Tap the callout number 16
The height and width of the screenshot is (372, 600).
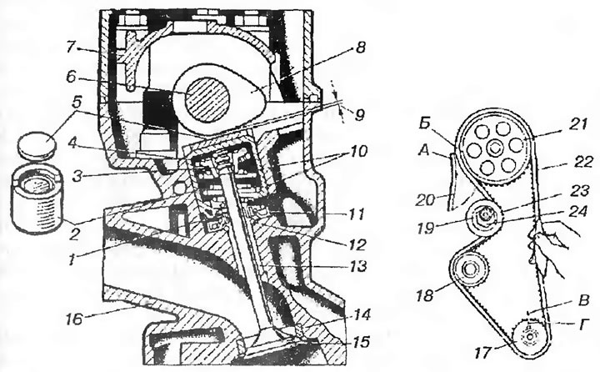pyautogui.click(x=75, y=318)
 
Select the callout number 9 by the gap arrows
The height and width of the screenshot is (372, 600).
pyautogui.click(x=358, y=115)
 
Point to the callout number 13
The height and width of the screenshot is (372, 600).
pyautogui.click(x=357, y=265)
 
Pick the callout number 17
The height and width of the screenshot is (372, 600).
pyautogui.click(x=482, y=352)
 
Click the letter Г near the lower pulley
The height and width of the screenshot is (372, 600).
pyautogui.click(x=582, y=325)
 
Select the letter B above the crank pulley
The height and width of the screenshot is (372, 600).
pyautogui.click(x=583, y=300)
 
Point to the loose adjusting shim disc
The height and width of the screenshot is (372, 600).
pyautogui.click(x=37, y=144)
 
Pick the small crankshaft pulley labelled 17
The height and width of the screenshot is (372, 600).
pyautogui.click(x=530, y=337)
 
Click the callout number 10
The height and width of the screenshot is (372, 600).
pyautogui.click(x=357, y=152)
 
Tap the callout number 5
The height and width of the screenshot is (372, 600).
pyautogui.click(x=77, y=103)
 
